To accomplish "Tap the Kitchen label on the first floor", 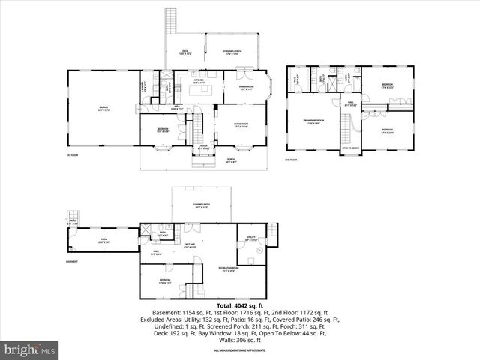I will (199, 81).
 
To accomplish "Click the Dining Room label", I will (246, 87).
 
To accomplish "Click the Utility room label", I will (251, 240).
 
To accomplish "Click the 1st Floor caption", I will (72, 155).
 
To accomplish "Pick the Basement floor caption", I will (72, 261).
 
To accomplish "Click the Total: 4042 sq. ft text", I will (240, 306).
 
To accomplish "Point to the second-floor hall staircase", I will (347, 130).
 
